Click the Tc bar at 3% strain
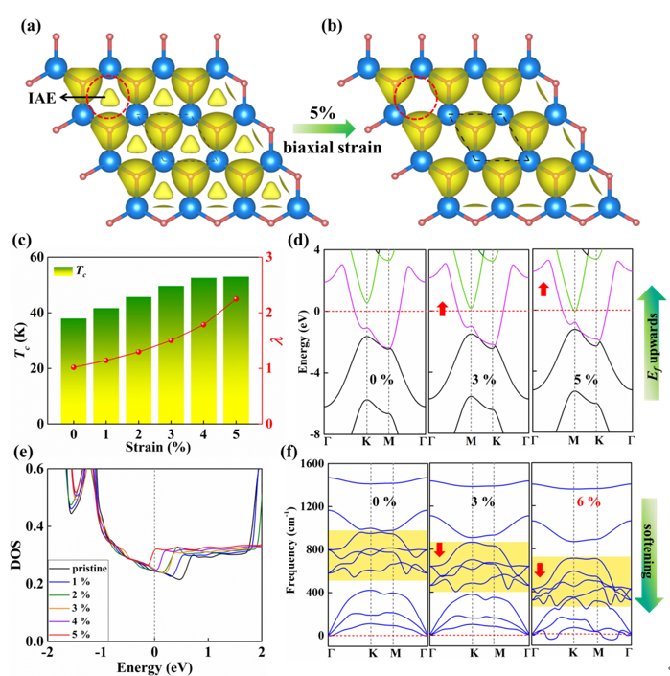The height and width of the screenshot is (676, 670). [171, 355]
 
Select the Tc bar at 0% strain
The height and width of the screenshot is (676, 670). [74, 371]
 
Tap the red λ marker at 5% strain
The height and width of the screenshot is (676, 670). [236, 299]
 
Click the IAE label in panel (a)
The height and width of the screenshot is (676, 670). [42, 98]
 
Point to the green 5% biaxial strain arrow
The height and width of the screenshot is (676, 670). [324, 128]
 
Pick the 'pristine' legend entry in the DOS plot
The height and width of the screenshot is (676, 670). [89, 569]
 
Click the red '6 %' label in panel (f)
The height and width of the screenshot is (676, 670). [589, 501]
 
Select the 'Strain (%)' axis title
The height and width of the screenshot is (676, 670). [158, 447]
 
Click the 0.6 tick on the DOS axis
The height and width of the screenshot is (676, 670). [35, 469]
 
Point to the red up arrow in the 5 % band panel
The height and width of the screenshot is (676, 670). [543, 289]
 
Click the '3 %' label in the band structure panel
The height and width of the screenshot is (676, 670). [483, 380]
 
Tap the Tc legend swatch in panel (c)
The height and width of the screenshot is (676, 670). [63, 270]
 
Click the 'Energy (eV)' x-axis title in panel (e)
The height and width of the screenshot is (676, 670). [154, 667]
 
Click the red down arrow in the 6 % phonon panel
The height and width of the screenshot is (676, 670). [540, 570]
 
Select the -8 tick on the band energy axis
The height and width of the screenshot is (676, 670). [313, 434]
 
